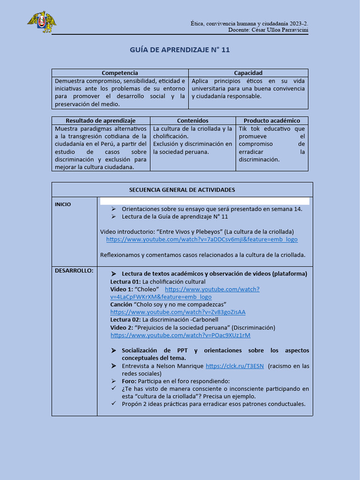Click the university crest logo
[41, 22]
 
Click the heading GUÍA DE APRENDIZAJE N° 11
[180, 50]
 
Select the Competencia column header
[120, 73]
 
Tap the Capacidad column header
[248, 73]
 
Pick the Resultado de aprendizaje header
[100, 120]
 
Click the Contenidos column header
[193, 120]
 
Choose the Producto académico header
[272, 120]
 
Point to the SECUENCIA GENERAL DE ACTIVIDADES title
[182, 190]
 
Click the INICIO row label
[63, 204]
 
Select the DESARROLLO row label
[74, 270]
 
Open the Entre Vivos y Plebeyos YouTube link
[202, 240]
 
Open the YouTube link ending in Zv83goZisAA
[178, 312]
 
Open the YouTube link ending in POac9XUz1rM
[180, 335]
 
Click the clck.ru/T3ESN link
[234, 366]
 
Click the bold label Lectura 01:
[125, 282]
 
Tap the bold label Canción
[121, 305]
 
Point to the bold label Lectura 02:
[125, 320]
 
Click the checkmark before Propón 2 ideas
[113, 404]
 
